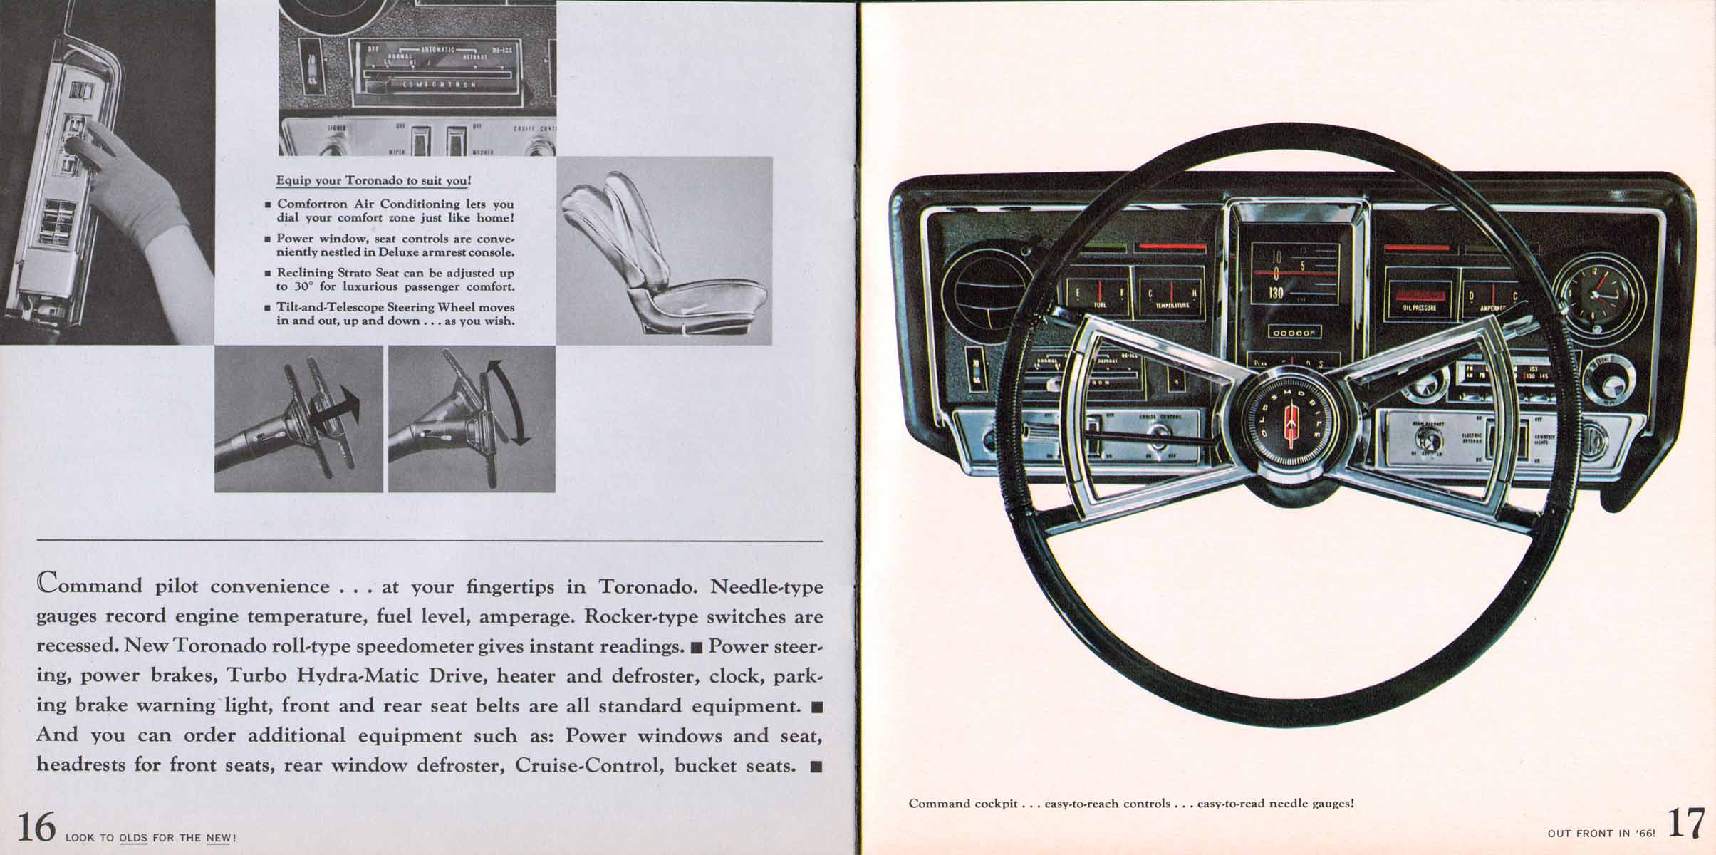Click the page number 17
1686,825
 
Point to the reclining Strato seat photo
663,249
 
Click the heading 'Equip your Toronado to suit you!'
373,180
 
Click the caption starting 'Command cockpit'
1130,803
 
